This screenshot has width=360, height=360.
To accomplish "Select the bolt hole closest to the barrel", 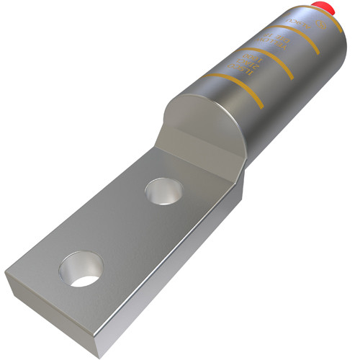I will (x=163, y=192).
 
